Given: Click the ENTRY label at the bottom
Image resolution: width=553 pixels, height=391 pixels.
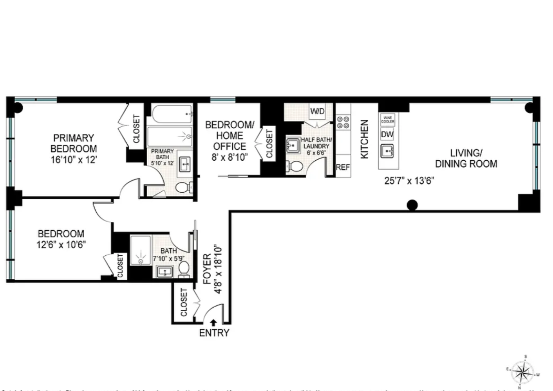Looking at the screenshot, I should (214, 333).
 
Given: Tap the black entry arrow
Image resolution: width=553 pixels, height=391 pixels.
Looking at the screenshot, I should (213, 323).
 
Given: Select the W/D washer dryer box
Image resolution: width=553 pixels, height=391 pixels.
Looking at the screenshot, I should (317, 111).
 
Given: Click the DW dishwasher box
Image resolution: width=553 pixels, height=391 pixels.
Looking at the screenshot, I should (387, 134).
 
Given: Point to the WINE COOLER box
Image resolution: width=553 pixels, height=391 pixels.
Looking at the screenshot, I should (388, 120).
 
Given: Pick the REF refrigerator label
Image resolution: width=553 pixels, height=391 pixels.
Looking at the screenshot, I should (343, 167).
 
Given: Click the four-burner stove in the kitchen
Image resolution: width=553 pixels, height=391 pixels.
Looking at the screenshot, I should (343, 122).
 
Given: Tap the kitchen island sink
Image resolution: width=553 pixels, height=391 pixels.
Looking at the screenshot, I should (387, 151).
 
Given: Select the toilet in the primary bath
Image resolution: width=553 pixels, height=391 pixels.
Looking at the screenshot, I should (183, 187).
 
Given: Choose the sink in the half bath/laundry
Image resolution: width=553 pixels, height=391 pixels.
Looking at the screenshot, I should (293, 145).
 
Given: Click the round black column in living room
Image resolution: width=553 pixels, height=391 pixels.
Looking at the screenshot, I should (412, 205).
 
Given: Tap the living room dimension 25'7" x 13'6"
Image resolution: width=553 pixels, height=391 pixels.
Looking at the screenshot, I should (409, 181).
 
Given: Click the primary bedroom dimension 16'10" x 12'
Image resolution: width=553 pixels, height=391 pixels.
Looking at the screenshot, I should (74, 160).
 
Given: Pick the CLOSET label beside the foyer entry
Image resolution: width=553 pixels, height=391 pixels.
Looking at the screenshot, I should (184, 302).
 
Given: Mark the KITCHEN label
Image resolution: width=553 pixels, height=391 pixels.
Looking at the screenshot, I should (364, 139).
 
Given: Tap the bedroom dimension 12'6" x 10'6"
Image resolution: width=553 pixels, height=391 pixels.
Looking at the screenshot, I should (61, 245).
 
